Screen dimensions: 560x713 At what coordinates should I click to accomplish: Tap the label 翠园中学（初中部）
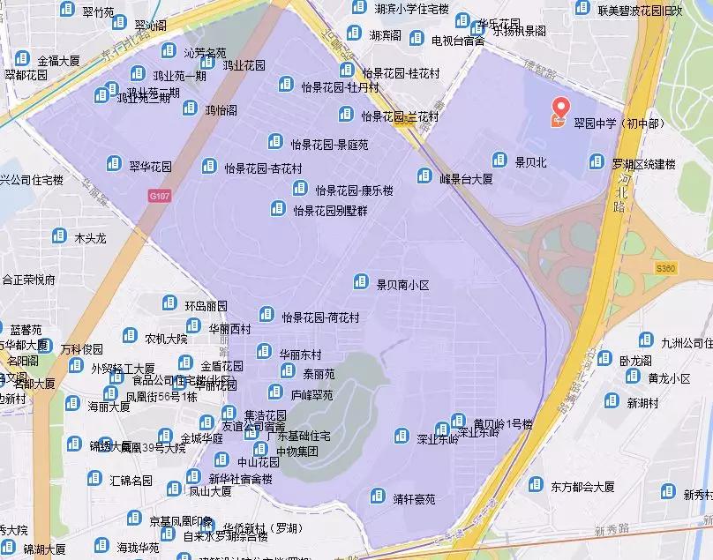tap(619, 123)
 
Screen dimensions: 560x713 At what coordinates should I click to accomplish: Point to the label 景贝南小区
tap(402, 285)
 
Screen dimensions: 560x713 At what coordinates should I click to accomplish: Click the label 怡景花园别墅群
tap(330, 211)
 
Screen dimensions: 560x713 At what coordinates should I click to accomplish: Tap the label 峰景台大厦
tap(466, 179)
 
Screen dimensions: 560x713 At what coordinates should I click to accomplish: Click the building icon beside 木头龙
tap(59, 235)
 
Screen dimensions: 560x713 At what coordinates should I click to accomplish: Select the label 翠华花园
tap(151, 166)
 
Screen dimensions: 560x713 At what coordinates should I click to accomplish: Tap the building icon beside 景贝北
tap(499, 160)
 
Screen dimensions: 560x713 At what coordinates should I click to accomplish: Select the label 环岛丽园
tap(206, 306)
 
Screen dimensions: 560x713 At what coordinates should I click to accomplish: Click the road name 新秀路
tap(612, 530)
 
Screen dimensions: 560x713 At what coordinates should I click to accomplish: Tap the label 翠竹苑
tap(98, 12)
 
